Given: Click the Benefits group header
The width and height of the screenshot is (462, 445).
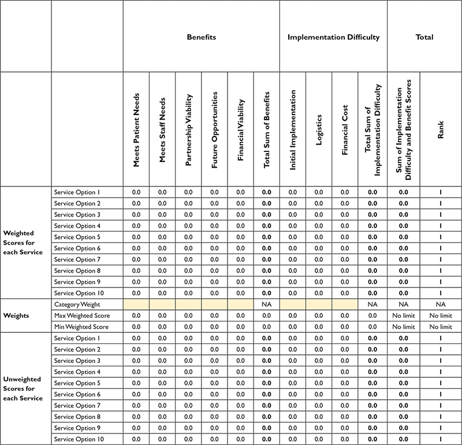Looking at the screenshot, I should pyautogui.click(x=201, y=37).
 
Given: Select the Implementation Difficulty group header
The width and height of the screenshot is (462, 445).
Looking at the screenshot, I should pyautogui.click(x=333, y=37).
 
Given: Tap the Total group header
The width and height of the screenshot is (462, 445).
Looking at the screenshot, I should pyautogui.click(x=424, y=37).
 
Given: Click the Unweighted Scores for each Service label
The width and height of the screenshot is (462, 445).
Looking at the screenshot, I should pyautogui.click(x=23, y=388).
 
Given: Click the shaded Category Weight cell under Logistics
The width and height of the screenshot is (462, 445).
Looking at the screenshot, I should pyautogui.click(x=319, y=305).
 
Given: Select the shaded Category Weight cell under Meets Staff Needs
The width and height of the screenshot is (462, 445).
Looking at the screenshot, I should pyautogui.click(x=162, y=305).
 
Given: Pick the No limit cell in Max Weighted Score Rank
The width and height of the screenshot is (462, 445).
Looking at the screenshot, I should pyautogui.click(x=441, y=316).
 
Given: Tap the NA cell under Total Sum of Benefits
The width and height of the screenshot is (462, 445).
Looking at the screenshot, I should pyautogui.click(x=266, y=305).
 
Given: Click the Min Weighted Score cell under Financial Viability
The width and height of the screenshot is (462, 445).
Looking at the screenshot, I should pyautogui.click(x=240, y=327).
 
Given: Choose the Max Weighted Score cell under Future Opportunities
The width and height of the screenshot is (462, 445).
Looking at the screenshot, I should pyautogui.click(x=214, y=316).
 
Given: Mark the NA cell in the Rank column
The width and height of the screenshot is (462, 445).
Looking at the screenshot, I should pyautogui.click(x=441, y=305).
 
